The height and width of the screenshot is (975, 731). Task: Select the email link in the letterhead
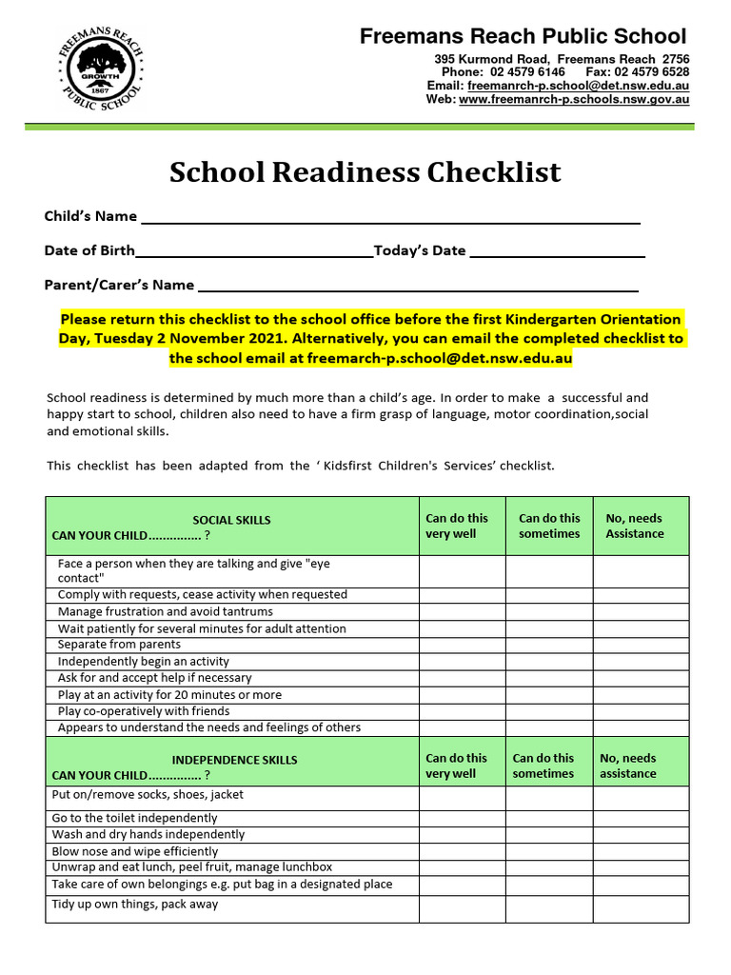[579, 86]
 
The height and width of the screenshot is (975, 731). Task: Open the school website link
[574, 99]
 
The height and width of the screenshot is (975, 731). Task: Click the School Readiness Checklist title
[365, 172]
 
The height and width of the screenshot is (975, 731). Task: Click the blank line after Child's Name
[390, 219]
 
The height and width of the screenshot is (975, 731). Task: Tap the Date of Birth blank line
[254, 253]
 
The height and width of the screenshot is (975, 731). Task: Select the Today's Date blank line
[558, 253]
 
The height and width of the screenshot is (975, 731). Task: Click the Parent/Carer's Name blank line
[417, 288]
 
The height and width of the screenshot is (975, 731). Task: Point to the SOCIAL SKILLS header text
[231, 520]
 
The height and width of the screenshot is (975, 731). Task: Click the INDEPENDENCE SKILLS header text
[234, 760]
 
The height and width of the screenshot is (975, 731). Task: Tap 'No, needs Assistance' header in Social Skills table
[634, 526]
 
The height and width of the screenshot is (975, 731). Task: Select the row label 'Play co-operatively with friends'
[144, 711]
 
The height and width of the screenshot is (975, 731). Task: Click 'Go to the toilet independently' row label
[134, 818]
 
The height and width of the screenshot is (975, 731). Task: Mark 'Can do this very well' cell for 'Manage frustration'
[462, 611]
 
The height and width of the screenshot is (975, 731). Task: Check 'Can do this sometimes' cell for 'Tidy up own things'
[549, 908]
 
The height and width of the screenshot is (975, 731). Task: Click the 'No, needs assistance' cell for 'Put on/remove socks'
[642, 798]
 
